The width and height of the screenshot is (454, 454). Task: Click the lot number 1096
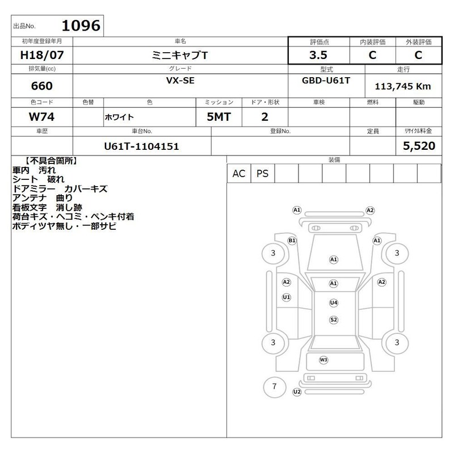tap(81, 26)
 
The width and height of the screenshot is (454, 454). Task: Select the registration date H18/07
tap(42, 55)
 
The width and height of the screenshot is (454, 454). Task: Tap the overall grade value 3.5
tap(318, 55)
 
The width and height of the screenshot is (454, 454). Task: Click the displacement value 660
tap(42, 86)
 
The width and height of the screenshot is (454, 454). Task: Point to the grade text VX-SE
tap(180, 81)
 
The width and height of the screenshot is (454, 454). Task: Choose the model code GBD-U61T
tap(326, 81)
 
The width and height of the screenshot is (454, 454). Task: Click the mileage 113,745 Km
tap(403, 86)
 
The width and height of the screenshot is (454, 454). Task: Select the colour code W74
tap(41, 117)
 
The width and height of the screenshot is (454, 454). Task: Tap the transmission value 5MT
tap(219, 117)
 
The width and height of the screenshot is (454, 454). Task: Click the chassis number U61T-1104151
tap(141, 146)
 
